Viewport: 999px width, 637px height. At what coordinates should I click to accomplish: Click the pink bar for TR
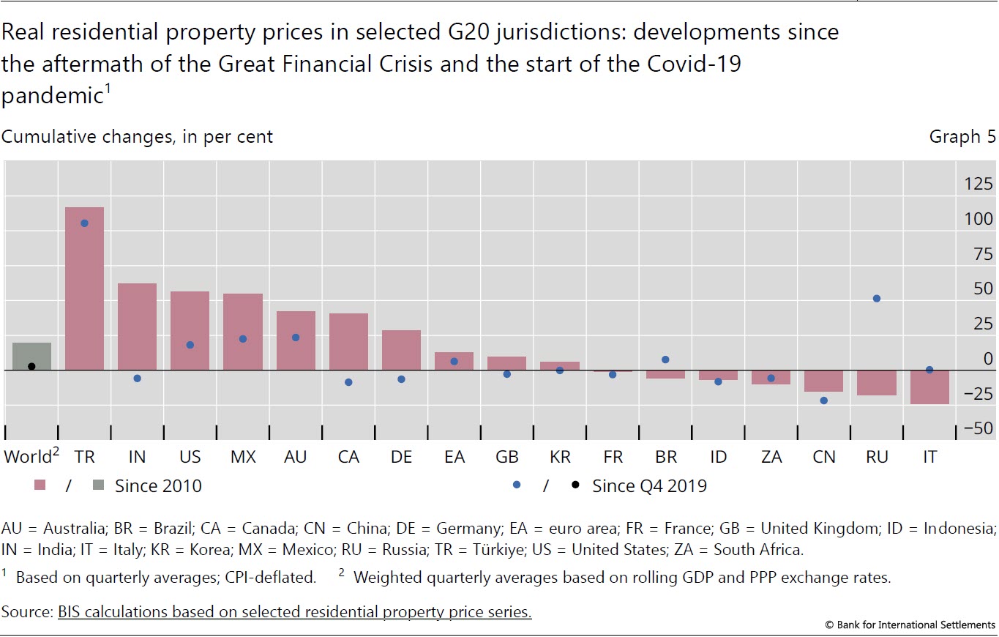84,288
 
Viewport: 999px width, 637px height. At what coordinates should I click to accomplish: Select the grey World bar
31,357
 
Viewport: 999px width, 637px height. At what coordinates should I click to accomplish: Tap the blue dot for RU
876,299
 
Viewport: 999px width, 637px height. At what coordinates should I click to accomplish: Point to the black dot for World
31,366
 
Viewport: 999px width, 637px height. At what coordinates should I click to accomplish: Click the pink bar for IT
929,387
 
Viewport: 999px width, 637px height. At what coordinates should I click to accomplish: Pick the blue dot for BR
665,360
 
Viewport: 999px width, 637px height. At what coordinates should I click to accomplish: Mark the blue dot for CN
824,401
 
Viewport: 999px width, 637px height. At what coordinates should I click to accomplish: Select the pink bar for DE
401,350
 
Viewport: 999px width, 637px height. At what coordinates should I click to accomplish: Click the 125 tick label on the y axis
978,184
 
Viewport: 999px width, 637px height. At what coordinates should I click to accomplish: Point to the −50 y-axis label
978,428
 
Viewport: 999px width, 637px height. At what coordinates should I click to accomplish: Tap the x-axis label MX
243,457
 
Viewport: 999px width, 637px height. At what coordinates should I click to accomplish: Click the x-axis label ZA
771,457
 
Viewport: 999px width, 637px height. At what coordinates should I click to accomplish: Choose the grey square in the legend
98,485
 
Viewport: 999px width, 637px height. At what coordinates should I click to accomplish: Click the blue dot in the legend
517,485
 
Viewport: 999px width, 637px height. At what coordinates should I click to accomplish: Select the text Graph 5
962,136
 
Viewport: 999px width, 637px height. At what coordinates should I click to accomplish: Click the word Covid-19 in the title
694,64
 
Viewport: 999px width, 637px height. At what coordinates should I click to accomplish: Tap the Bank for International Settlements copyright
910,625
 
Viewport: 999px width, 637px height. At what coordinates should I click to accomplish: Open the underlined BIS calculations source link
294,611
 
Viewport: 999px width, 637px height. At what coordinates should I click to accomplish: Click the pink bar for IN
138,327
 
